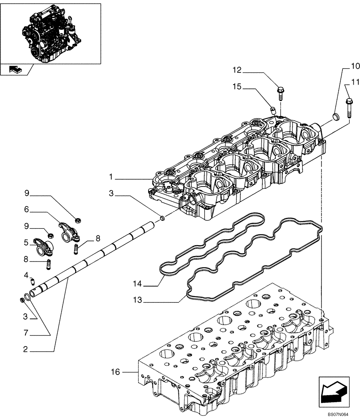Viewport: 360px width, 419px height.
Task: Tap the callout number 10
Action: [355, 66]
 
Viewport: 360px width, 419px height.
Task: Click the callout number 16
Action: [116, 372]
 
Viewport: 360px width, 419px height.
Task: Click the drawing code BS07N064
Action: [338, 413]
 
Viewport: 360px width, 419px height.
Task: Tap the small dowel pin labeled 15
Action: [272, 110]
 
